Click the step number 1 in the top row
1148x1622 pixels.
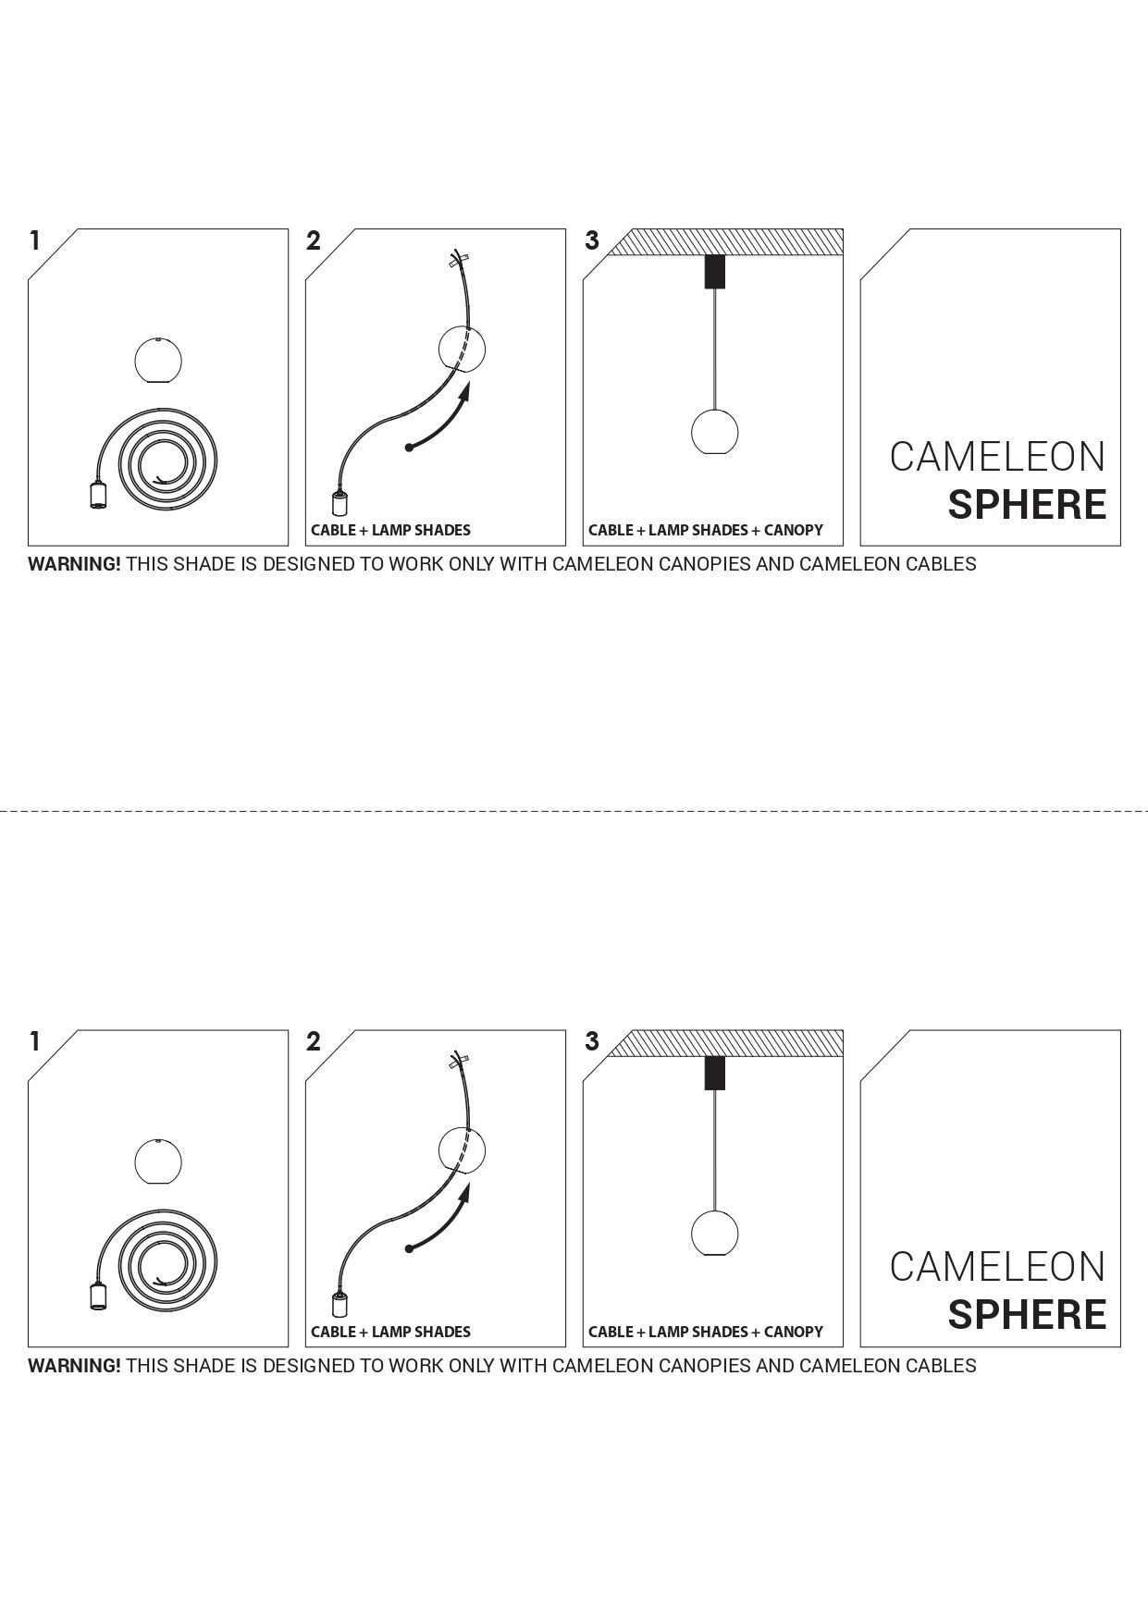35,241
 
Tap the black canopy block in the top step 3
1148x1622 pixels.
715,271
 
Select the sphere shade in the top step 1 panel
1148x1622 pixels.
158,360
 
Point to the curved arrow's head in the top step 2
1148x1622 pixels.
463,392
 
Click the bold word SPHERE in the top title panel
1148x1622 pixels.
1027,505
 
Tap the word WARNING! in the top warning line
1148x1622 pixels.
74,564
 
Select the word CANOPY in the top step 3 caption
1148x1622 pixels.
793,530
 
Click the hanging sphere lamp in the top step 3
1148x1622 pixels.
715,431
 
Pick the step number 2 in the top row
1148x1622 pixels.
314,241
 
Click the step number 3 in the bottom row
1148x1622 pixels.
592,1042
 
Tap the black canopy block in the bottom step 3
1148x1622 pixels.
715,1073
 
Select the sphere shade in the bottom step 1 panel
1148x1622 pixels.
158,1161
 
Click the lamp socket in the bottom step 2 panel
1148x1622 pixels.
340,1306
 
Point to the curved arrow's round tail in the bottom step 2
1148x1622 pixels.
409,1249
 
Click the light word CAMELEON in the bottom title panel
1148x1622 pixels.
997,1267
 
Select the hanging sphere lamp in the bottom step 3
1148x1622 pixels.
715,1233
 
